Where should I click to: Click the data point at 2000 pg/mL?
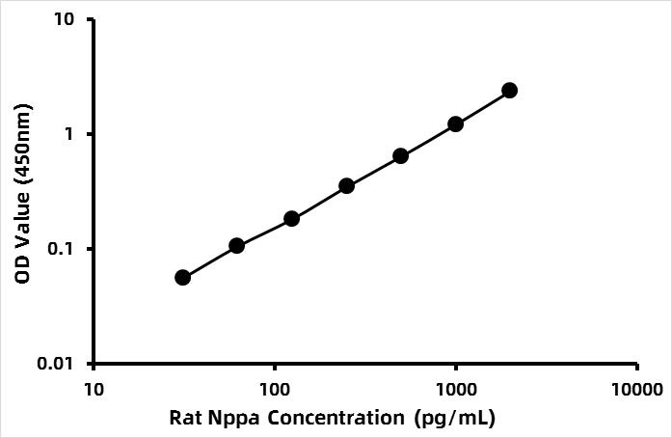[x=510, y=91]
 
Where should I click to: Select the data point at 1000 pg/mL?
[x=455, y=124]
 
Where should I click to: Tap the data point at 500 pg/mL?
[x=401, y=156]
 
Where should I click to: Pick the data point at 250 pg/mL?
[x=346, y=186]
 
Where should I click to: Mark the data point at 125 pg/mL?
[x=291, y=219]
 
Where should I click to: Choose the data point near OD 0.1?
[x=236, y=246]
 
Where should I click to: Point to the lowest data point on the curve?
[x=182, y=278]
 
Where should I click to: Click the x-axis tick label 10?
[x=94, y=390]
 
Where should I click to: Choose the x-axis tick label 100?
[x=275, y=390]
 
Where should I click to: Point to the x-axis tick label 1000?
[x=456, y=390]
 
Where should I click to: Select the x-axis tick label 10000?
[x=637, y=390]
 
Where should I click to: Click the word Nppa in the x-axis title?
[x=234, y=418]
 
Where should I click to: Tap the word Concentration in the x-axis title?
[x=336, y=417]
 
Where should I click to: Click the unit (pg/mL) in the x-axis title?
[x=455, y=418]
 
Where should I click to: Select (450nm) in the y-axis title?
[x=23, y=146]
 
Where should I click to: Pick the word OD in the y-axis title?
[x=22, y=270]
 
